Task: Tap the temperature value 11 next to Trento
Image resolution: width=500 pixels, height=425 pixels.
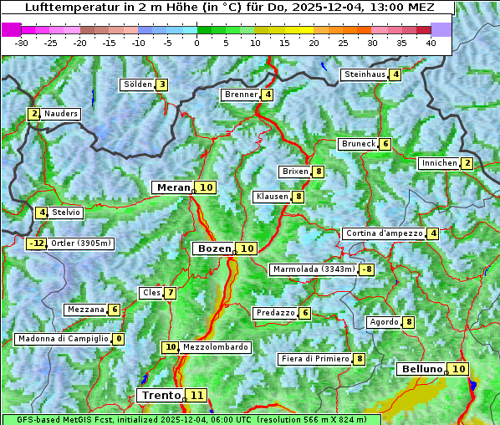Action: click(196, 395)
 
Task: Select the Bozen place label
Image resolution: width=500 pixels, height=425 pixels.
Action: click(212, 248)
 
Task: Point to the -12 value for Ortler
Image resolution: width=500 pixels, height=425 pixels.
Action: click(37, 243)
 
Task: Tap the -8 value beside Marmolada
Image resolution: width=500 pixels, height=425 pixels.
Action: click(366, 269)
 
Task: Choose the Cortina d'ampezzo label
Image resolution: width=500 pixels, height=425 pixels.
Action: click(383, 233)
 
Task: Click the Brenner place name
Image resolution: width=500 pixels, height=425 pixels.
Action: click(241, 95)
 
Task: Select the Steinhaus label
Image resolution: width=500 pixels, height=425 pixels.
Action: click(365, 74)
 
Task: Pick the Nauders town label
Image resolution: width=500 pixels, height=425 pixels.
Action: click(61, 114)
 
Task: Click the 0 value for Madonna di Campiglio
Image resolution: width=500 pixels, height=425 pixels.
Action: click(119, 339)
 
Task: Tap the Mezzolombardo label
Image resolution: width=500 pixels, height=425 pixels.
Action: click(215, 346)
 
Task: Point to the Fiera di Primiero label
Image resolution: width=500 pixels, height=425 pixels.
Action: click(314, 359)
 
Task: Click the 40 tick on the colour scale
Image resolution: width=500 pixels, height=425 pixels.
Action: click(431, 42)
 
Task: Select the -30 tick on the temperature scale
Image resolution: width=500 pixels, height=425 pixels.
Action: click(22, 42)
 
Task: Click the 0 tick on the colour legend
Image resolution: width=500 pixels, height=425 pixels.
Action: click(196, 42)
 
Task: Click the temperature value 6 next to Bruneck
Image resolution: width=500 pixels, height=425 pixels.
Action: click(385, 144)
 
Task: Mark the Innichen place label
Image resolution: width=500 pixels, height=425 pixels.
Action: click(439, 163)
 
